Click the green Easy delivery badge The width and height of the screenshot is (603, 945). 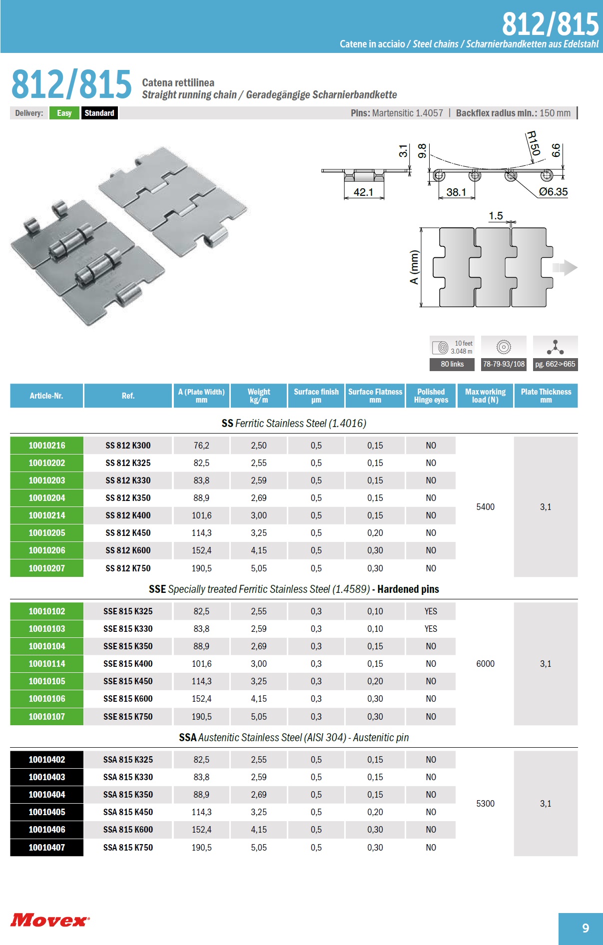tap(64, 113)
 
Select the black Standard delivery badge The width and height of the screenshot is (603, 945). tap(99, 113)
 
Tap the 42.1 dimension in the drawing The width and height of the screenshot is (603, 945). tap(363, 192)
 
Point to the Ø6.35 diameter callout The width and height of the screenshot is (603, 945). tap(553, 192)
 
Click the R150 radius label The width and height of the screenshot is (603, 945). tap(534, 143)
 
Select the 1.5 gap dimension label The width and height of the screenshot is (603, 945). tap(496, 216)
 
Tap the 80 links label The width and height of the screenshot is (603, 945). tap(452, 364)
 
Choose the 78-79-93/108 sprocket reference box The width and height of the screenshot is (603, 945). tap(504, 364)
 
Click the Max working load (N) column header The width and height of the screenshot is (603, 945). tap(485, 396)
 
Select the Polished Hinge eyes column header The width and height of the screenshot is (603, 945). tap(431, 396)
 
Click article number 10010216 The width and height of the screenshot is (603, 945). tap(47, 446)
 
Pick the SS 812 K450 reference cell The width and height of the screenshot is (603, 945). tap(128, 533)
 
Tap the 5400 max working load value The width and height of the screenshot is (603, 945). tap(485, 507)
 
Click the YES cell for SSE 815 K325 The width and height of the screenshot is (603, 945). tap(431, 611)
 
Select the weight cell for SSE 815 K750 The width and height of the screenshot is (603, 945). tap(259, 717)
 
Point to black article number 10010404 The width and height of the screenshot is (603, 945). tap(47, 795)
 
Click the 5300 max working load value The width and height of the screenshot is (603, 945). tap(485, 804)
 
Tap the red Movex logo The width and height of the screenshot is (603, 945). tap(50, 920)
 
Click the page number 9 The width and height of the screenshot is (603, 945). tap(586, 928)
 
